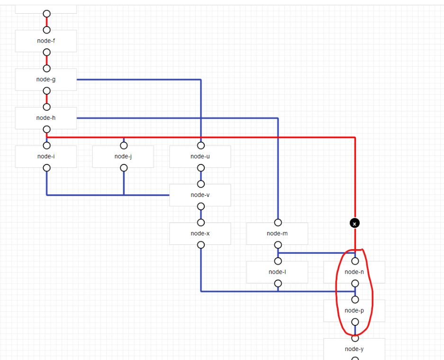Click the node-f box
[46, 41]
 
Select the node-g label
[46, 79]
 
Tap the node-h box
[46, 117]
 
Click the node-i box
[46, 156]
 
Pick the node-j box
[123, 156]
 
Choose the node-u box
[200, 156]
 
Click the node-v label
[200, 195]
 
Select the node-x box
[200, 234]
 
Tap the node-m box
[277, 234]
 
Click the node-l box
[277, 272]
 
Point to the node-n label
[354, 272]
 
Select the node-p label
[354, 310]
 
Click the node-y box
[354, 349]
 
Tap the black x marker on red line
[354, 223]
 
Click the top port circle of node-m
[278, 222]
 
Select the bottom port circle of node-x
[201, 245]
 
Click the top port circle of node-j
[124, 145]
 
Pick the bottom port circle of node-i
[46, 168]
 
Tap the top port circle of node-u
[201, 145]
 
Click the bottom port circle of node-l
[278, 283]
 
